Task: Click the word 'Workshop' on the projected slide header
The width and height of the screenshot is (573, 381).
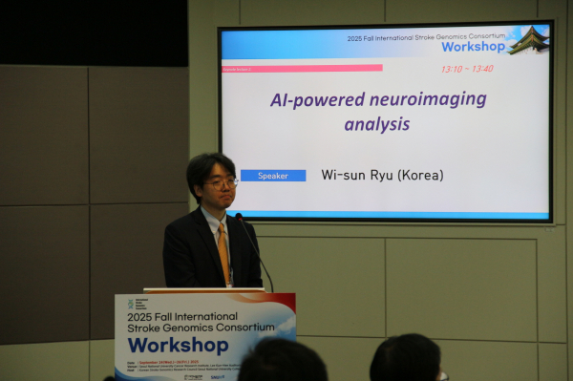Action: [x=473, y=46]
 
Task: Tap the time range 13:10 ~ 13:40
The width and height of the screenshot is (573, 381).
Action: [x=467, y=69]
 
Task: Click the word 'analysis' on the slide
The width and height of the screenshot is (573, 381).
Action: [x=377, y=124]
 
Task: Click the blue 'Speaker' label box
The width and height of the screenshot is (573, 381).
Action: [x=273, y=176]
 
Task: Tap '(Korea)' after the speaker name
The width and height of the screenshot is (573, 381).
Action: [x=421, y=176]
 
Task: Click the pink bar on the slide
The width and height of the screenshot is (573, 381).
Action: [x=315, y=68]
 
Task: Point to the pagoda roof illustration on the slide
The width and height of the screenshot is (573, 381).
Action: [x=529, y=40]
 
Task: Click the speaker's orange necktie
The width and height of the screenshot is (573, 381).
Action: [x=223, y=250]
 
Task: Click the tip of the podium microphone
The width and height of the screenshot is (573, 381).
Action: [x=239, y=218]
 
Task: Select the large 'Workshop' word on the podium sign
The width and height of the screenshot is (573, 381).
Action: [x=178, y=345]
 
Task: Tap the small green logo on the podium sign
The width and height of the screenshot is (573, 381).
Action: [x=131, y=304]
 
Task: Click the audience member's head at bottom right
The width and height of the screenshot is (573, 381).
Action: [x=406, y=360]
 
